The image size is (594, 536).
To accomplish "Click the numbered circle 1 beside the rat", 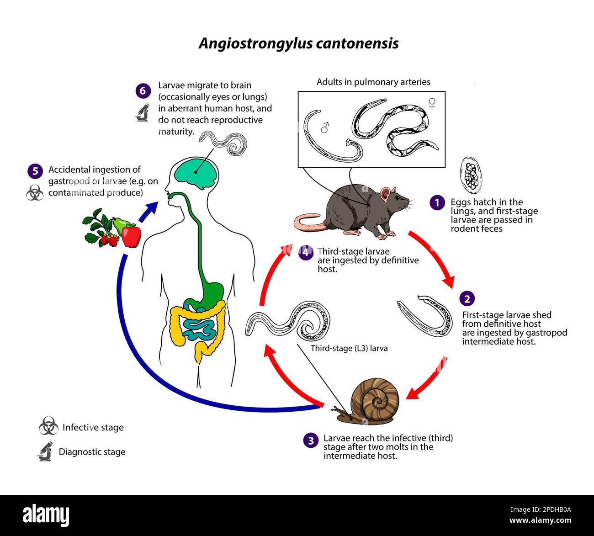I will tap(437, 202).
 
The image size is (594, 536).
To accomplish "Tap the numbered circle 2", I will tap(467, 299).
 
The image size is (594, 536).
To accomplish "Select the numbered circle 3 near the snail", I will tap(311, 440).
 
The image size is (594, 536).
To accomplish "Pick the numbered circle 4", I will tap(306, 252).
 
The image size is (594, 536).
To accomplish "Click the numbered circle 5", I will tap(35, 171).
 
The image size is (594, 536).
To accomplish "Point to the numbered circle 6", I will tap(143, 91).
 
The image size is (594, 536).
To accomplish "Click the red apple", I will tap(132, 236).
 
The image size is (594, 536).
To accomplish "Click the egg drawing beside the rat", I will tap(471, 175).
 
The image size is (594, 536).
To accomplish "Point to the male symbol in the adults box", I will tap(325, 127).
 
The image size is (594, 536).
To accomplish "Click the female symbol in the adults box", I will tap(432, 104).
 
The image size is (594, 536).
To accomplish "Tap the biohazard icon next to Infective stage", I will tap(48, 426).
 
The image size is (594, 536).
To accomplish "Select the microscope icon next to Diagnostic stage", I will tap(46, 451).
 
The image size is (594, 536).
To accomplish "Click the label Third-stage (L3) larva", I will tap(349, 348).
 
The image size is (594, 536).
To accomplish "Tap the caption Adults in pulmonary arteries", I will tap(373, 82).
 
